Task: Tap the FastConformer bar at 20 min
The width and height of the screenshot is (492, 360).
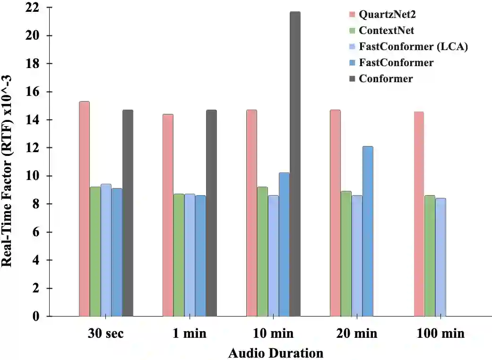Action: click(368, 231)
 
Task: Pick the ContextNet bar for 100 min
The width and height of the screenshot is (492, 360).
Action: click(430, 256)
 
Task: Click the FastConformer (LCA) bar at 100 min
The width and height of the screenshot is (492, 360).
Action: click(440, 257)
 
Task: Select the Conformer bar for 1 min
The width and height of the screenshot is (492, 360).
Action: click(211, 213)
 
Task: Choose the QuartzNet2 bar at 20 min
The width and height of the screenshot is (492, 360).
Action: click(335, 213)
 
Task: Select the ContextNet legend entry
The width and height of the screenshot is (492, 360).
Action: click(386, 30)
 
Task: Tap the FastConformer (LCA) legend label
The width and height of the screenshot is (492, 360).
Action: click(413, 46)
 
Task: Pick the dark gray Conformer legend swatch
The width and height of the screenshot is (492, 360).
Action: click(352, 79)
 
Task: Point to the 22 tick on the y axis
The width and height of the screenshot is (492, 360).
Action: click(33, 8)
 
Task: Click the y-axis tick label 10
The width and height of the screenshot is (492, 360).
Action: click(33, 176)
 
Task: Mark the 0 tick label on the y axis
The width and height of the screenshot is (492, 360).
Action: click(36, 316)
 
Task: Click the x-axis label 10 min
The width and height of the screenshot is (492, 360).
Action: click(274, 334)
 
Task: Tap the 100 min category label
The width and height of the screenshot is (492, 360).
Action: click(441, 334)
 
